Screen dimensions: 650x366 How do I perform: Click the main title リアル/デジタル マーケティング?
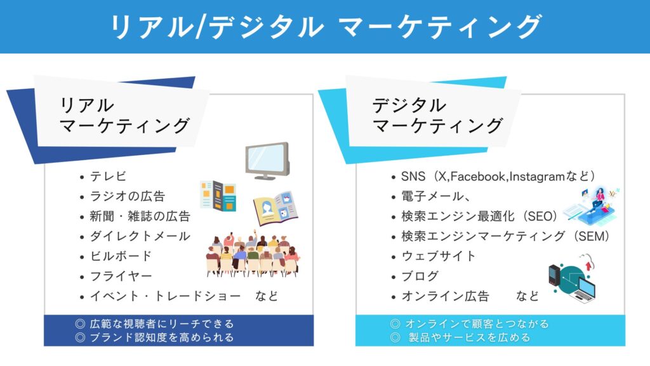(326, 27)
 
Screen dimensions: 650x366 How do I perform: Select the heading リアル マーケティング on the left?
(125, 116)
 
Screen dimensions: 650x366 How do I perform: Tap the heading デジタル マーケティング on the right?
(437, 116)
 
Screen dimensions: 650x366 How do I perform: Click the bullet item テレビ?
(108, 177)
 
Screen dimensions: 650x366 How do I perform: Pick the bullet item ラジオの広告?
(127, 196)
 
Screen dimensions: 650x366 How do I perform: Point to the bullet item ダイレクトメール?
(140, 236)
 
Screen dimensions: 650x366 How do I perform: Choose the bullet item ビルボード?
(121, 256)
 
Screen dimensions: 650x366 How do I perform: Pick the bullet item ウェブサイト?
(438, 256)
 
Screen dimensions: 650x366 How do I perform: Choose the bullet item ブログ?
(420, 276)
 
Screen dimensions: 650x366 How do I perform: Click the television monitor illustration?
(267, 161)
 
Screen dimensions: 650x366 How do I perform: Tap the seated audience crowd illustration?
(253, 254)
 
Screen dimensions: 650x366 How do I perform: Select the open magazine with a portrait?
(275, 208)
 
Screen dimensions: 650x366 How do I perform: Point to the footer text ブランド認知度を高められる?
(161, 337)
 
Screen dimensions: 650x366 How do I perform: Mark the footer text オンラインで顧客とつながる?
(477, 323)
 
